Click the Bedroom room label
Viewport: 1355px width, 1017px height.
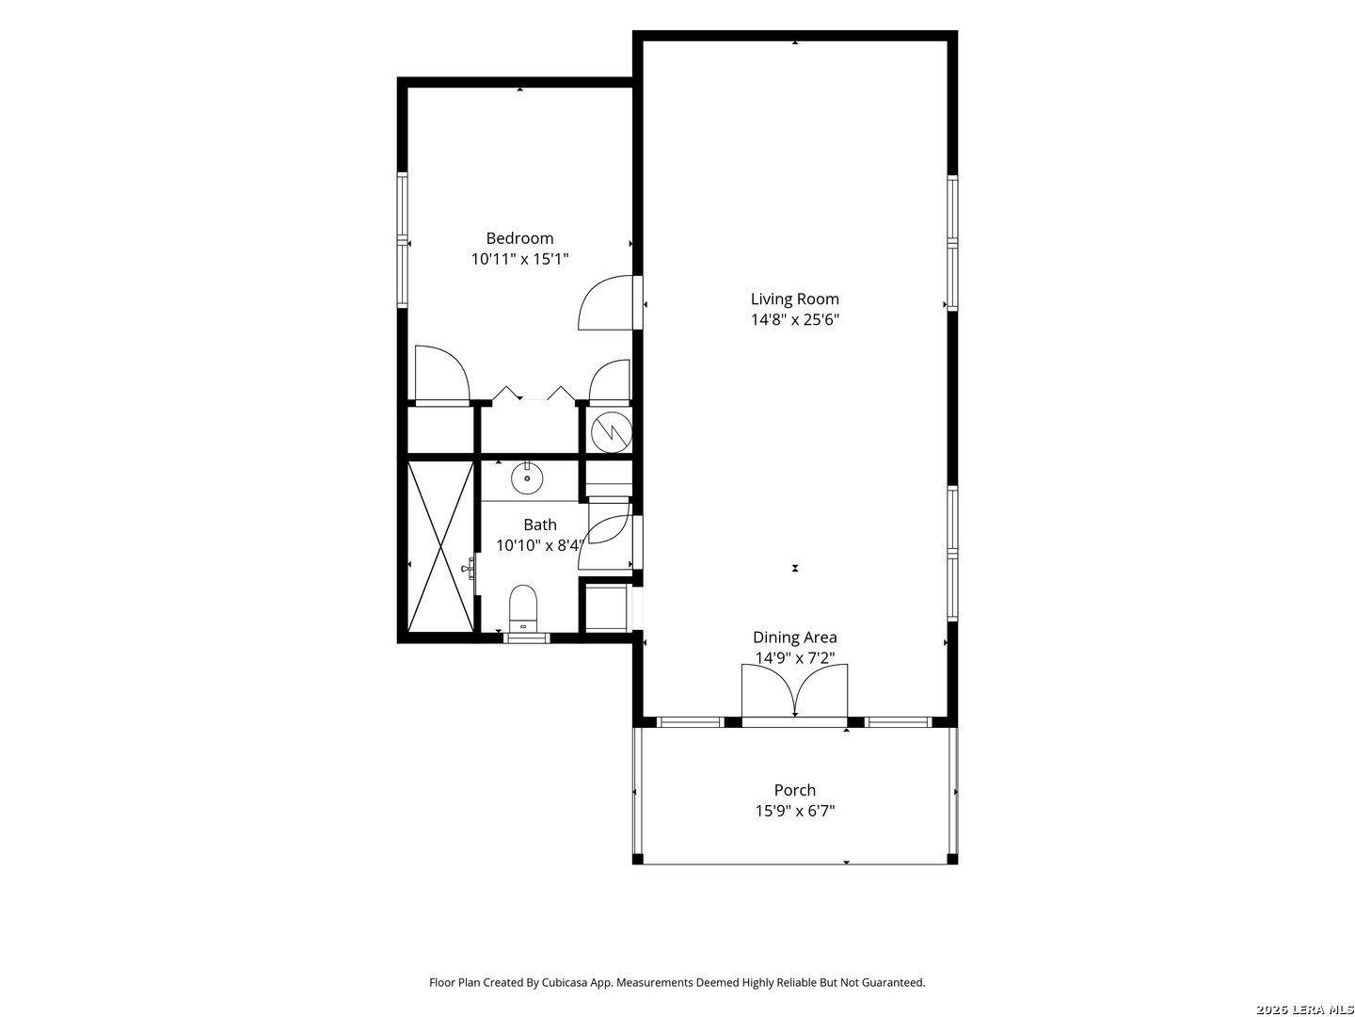(519, 238)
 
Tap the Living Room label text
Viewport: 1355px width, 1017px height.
(794, 299)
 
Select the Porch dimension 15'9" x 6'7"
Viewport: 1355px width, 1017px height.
(794, 811)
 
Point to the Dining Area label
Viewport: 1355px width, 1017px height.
(794, 638)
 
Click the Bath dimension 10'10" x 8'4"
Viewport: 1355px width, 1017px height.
(539, 545)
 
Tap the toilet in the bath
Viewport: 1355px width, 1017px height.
(523, 607)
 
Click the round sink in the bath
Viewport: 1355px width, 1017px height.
(527, 478)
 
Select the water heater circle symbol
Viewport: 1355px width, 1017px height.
(611, 432)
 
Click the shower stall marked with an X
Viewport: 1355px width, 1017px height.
(440, 546)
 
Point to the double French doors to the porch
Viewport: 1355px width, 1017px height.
(794, 691)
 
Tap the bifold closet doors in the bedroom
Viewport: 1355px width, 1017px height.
(534, 394)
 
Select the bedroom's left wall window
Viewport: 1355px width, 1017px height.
(402, 241)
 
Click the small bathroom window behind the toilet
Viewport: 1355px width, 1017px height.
(526, 638)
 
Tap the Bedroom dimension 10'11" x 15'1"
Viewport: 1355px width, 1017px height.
(519, 259)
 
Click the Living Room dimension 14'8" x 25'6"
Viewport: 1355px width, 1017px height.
(794, 320)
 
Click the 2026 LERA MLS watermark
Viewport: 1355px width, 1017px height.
(1304, 1009)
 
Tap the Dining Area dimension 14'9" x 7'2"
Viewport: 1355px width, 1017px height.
(794, 658)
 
